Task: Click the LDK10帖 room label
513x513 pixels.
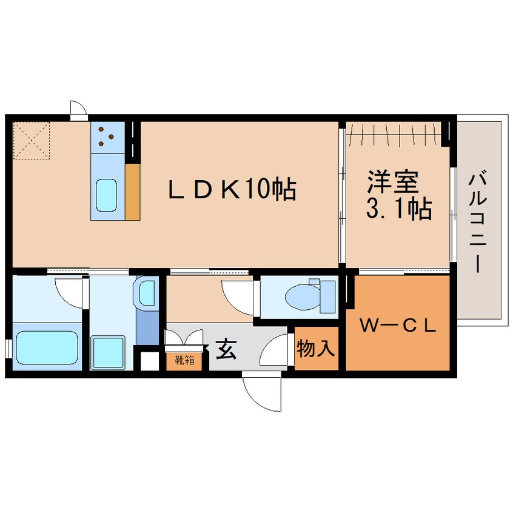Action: (x=232, y=190)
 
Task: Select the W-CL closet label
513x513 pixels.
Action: (x=398, y=326)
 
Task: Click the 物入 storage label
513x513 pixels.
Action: (x=315, y=349)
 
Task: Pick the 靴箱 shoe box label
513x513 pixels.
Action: (x=184, y=360)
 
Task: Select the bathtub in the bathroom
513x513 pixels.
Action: (x=47, y=348)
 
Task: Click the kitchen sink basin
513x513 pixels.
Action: (x=107, y=195)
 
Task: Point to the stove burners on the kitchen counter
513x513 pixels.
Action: (x=107, y=136)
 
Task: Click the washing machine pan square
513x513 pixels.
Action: (x=109, y=352)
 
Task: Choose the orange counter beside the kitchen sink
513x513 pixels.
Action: (x=133, y=191)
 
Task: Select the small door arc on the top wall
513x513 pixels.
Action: (x=78, y=108)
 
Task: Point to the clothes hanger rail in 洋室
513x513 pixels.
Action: (x=395, y=130)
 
